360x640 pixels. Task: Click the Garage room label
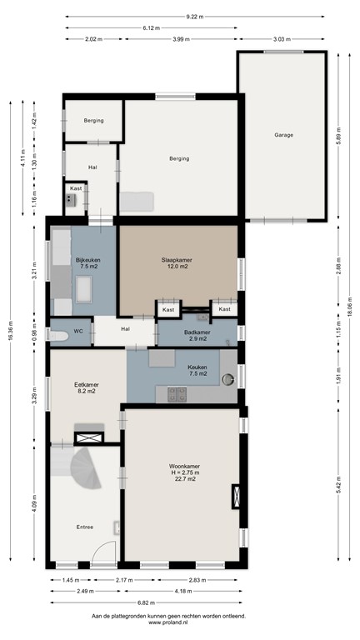[x=283, y=134]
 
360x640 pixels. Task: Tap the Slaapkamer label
[x=177, y=260]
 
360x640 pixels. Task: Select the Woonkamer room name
[x=181, y=466]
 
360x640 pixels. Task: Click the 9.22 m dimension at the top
[x=192, y=15]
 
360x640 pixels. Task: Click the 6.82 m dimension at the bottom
[x=149, y=602]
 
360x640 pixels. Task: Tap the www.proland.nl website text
[x=180, y=622]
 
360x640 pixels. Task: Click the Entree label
[x=85, y=527]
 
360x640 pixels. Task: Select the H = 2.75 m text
[x=181, y=472]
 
